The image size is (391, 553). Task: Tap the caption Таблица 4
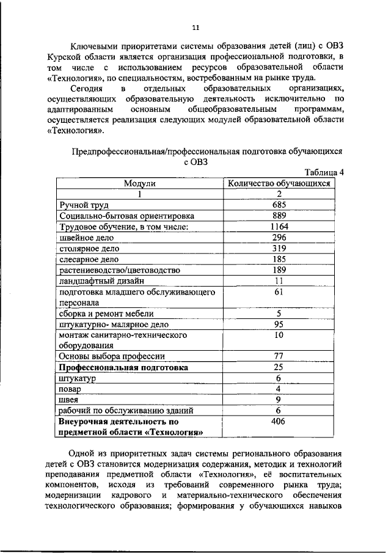click(324, 172)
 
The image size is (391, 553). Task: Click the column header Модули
click(140, 183)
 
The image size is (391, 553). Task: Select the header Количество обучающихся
click(279, 183)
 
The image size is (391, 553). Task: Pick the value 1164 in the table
click(279, 227)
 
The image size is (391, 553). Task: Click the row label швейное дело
click(87, 238)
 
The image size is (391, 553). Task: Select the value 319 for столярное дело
click(279, 249)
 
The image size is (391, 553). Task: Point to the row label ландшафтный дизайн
click(101, 281)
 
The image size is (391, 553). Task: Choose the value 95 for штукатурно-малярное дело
click(279, 324)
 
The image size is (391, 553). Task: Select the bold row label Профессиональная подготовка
click(123, 368)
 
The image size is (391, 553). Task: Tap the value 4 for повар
click(279, 389)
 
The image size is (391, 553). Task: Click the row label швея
click(69, 400)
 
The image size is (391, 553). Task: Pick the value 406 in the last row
click(279, 422)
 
